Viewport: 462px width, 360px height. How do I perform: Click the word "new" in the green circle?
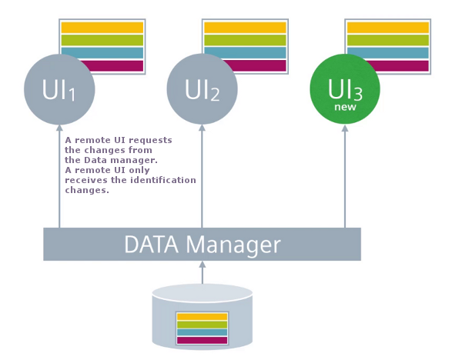coord(344,108)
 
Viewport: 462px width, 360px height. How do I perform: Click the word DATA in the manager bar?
coord(152,245)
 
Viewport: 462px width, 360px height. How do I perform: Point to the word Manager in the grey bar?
coord(235,245)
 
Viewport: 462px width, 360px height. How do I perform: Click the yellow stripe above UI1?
coord(102,28)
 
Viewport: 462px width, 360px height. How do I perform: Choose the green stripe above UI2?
coord(244,40)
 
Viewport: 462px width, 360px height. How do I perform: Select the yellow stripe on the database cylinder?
coord(203,316)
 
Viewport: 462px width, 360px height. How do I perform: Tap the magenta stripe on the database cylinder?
coord(203,339)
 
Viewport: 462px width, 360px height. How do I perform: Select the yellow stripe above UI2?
coord(244,28)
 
